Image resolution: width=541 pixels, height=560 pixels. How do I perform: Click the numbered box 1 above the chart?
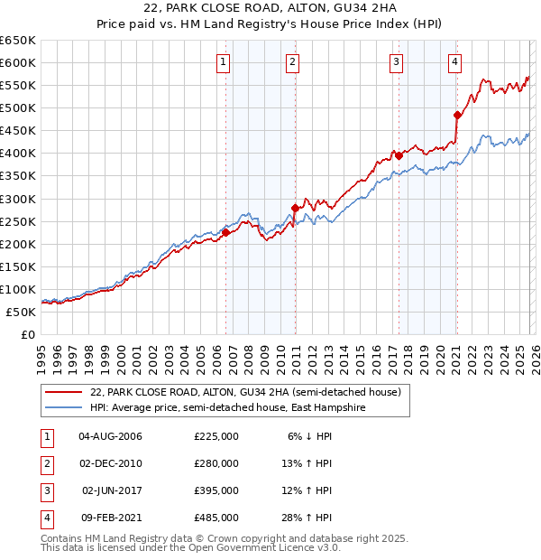(x=223, y=62)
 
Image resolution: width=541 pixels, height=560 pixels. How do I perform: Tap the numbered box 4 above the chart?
(x=455, y=62)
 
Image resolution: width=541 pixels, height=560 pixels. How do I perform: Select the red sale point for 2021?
(x=457, y=115)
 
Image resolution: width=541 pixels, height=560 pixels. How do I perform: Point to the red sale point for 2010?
(x=295, y=208)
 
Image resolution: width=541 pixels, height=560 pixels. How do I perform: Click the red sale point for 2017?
(x=399, y=155)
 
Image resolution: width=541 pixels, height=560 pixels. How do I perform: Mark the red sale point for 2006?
(x=225, y=232)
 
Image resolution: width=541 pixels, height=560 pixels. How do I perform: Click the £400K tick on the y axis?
(x=18, y=154)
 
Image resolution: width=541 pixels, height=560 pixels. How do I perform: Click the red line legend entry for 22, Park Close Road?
(x=225, y=392)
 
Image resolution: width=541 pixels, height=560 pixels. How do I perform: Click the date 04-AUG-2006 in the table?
(x=111, y=436)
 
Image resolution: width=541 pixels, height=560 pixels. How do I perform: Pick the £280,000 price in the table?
(x=216, y=463)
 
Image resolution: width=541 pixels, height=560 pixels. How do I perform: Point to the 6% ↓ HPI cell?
(x=310, y=436)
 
